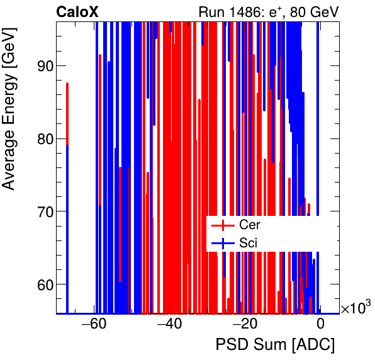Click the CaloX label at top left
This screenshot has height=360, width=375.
[77, 11]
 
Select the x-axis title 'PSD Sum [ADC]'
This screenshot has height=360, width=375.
[275, 345]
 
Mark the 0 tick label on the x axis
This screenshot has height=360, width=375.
[320, 324]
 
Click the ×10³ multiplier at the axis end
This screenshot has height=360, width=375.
[355, 307]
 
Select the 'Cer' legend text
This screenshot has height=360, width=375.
[249, 225]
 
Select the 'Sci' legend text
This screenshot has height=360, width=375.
[248, 242]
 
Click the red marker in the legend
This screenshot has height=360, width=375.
[223, 225]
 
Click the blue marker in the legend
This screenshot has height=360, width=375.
[223, 242]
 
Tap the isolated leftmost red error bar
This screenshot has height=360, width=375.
[67, 113]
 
